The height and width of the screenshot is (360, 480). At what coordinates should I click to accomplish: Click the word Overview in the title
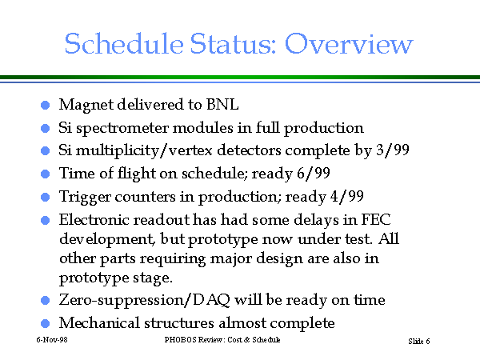(x=349, y=43)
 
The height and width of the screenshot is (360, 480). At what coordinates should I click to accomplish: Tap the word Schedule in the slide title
(x=124, y=43)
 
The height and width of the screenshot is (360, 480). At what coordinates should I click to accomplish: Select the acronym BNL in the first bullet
(x=222, y=104)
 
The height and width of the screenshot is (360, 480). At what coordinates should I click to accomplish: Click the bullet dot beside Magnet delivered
(x=46, y=106)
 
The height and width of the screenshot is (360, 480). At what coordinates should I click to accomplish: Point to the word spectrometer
(x=122, y=129)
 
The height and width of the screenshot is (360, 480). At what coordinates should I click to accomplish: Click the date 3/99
(x=393, y=150)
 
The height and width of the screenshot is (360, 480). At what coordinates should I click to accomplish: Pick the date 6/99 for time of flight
(x=314, y=174)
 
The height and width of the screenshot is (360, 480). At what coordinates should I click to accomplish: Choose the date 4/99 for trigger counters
(x=347, y=196)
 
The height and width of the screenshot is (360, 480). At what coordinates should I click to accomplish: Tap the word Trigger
(x=85, y=197)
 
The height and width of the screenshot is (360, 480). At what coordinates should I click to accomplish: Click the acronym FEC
(x=376, y=219)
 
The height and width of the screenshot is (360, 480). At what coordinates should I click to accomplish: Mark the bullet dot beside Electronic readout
(x=46, y=221)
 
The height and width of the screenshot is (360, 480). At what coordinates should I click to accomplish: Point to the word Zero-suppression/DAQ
(x=145, y=300)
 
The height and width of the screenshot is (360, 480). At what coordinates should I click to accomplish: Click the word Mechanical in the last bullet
(x=99, y=322)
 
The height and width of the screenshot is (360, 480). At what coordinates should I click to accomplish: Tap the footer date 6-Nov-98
(x=52, y=340)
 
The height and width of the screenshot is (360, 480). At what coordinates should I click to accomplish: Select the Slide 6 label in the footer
(x=419, y=341)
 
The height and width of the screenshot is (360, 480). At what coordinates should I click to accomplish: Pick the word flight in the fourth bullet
(x=137, y=174)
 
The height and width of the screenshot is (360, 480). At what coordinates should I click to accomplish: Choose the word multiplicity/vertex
(x=144, y=151)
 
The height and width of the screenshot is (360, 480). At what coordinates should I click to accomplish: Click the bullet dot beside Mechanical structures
(x=46, y=323)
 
